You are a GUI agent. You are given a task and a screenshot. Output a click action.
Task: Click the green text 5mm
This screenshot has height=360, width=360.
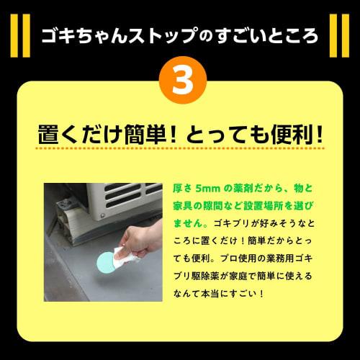[205, 187]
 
